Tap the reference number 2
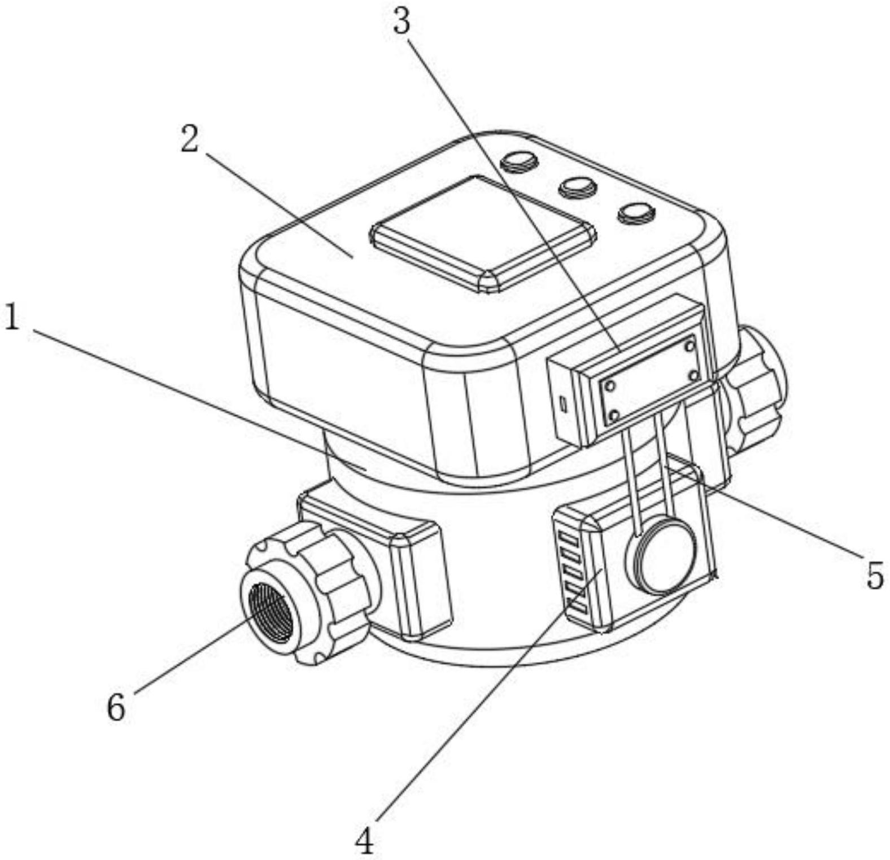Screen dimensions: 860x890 coord(190,139)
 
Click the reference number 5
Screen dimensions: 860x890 coord(874,576)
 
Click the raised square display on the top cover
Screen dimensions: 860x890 coord(483,231)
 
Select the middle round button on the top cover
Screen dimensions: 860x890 coord(578,187)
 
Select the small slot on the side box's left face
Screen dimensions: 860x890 coord(563,403)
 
